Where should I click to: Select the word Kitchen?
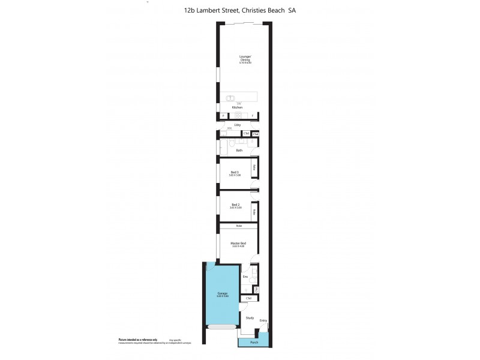point(237,107)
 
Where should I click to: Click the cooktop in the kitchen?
point(238,115)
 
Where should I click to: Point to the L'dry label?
point(238,125)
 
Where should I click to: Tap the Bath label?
point(239,150)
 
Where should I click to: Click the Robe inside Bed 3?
point(255,168)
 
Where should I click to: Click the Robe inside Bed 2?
point(255,212)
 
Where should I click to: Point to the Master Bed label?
point(238,244)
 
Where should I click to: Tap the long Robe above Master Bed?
point(238,226)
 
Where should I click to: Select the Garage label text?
point(222,293)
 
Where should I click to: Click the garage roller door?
point(222,326)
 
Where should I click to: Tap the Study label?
point(250,318)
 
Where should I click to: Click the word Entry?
point(263,320)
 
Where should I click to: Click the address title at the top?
point(240,10)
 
